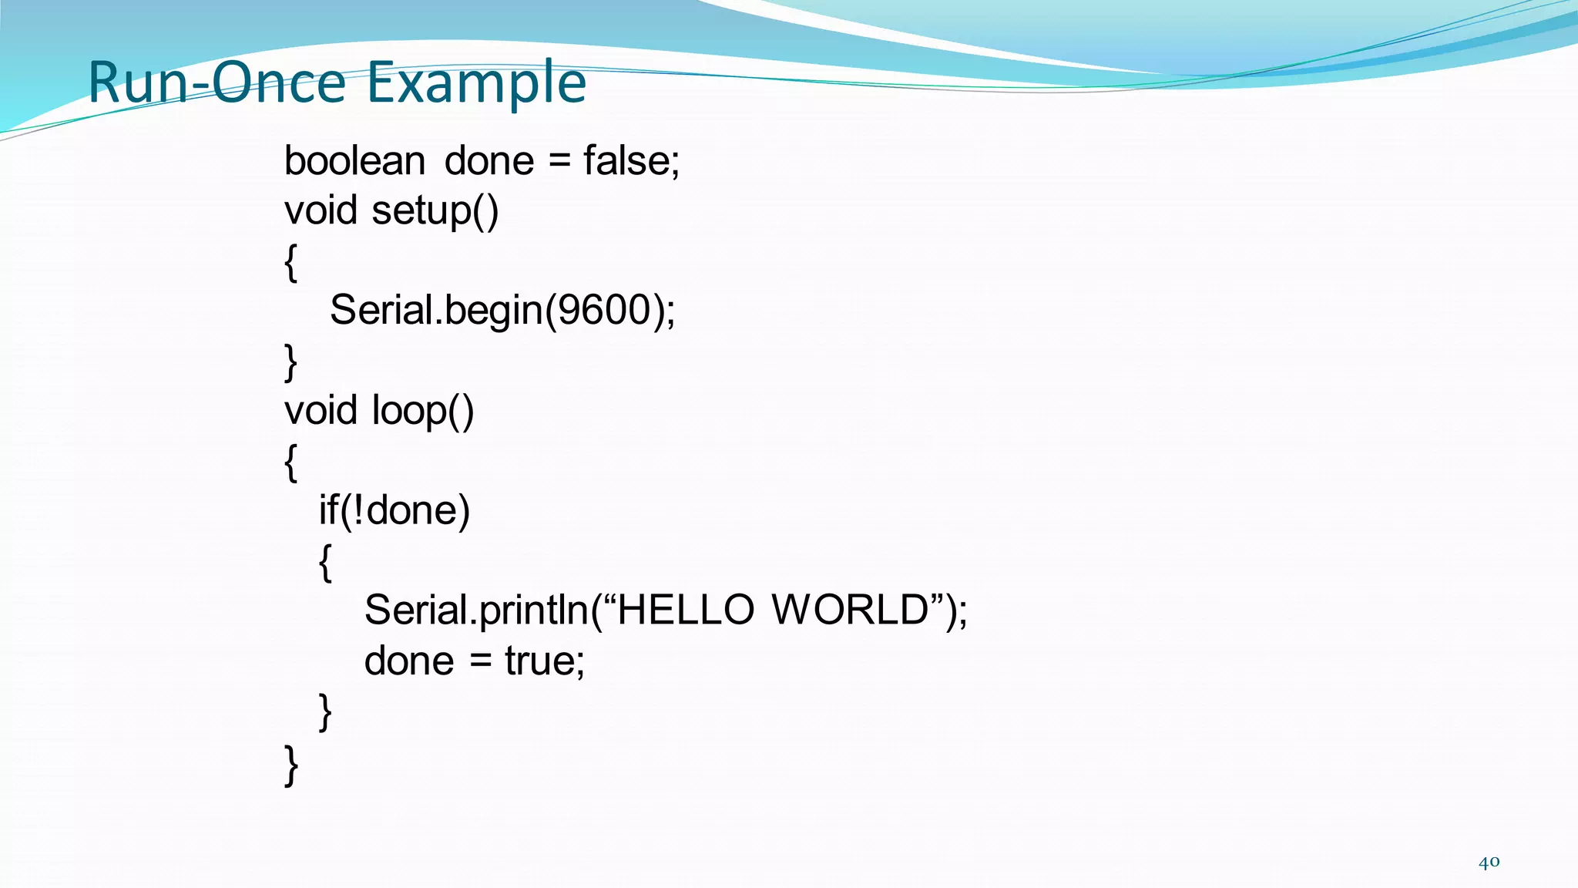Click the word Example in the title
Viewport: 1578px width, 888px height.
(x=476, y=83)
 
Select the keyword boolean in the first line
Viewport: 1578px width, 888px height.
(x=354, y=161)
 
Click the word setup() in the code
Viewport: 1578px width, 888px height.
(x=435, y=210)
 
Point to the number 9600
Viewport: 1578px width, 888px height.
(x=605, y=310)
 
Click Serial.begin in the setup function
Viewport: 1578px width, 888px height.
(x=436, y=310)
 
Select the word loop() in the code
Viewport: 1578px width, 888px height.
(x=423, y=410)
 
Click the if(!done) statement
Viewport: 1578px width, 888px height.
(x=394, y=510)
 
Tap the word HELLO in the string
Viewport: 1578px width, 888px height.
(x=686, y=610)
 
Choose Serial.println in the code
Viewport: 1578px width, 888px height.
(x=476, y=610)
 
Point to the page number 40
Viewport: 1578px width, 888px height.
(x=1489, y=863)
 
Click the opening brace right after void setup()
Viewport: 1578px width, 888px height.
(x=291, y=263)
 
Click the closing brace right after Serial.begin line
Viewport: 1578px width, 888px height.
(x=291, y=362)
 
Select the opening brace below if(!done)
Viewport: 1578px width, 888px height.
(x=326, y=562)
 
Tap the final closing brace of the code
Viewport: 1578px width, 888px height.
(x=291, y=765)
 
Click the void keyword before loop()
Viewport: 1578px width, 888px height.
(x=321, y=410)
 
